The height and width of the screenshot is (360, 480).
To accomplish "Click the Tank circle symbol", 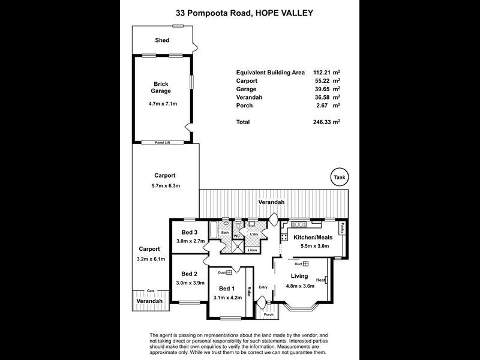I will point(340,178).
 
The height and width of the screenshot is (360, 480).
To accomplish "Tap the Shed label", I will point(162,40).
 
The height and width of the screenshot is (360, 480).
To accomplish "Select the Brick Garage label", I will point(161,88).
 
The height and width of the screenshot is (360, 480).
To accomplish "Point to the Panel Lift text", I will point(161,143).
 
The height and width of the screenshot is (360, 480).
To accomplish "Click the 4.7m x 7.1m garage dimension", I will point(161,103).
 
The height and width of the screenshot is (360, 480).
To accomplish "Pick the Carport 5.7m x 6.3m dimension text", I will point(164,186).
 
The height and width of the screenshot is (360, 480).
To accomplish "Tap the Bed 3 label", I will point(190,232).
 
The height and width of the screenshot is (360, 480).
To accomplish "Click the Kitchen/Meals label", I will point(311,238).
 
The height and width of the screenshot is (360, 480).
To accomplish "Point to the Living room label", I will point(300,276).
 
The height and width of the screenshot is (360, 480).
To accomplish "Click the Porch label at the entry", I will point(269,314).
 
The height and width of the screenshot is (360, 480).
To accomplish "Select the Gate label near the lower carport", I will point(151,290).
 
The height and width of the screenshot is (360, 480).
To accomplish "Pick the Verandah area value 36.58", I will point(322,97).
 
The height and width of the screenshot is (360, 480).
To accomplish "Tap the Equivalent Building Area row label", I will point(271,72).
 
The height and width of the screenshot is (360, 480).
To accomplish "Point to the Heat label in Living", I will point(320,280).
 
